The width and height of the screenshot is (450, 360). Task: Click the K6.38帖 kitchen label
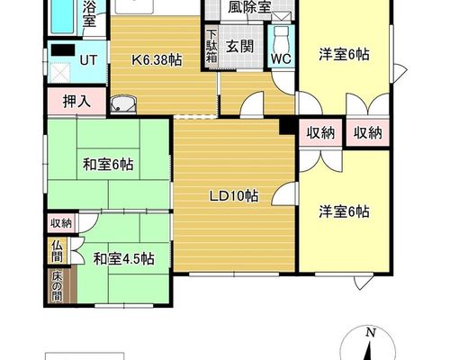157,60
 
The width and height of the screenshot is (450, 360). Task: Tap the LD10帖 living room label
234,196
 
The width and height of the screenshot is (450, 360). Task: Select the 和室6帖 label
108,165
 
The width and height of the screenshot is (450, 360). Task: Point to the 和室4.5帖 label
124,258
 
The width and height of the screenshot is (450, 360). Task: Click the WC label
281,58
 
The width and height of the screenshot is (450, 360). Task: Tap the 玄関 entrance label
239,47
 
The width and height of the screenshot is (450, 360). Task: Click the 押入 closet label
76,102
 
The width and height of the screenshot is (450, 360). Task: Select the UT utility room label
88,60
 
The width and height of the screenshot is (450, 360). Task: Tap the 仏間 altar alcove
57,251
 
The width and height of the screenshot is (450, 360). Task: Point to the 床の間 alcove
57,286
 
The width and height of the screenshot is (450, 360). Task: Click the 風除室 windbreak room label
249,7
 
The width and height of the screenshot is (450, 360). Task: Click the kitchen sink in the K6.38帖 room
123,105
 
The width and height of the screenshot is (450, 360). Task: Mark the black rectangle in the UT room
63,49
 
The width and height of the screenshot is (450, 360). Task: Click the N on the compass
371,332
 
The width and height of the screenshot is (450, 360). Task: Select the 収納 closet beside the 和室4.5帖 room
61,223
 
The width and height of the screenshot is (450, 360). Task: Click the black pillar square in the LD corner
287,126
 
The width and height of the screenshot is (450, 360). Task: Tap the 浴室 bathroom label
89,13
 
